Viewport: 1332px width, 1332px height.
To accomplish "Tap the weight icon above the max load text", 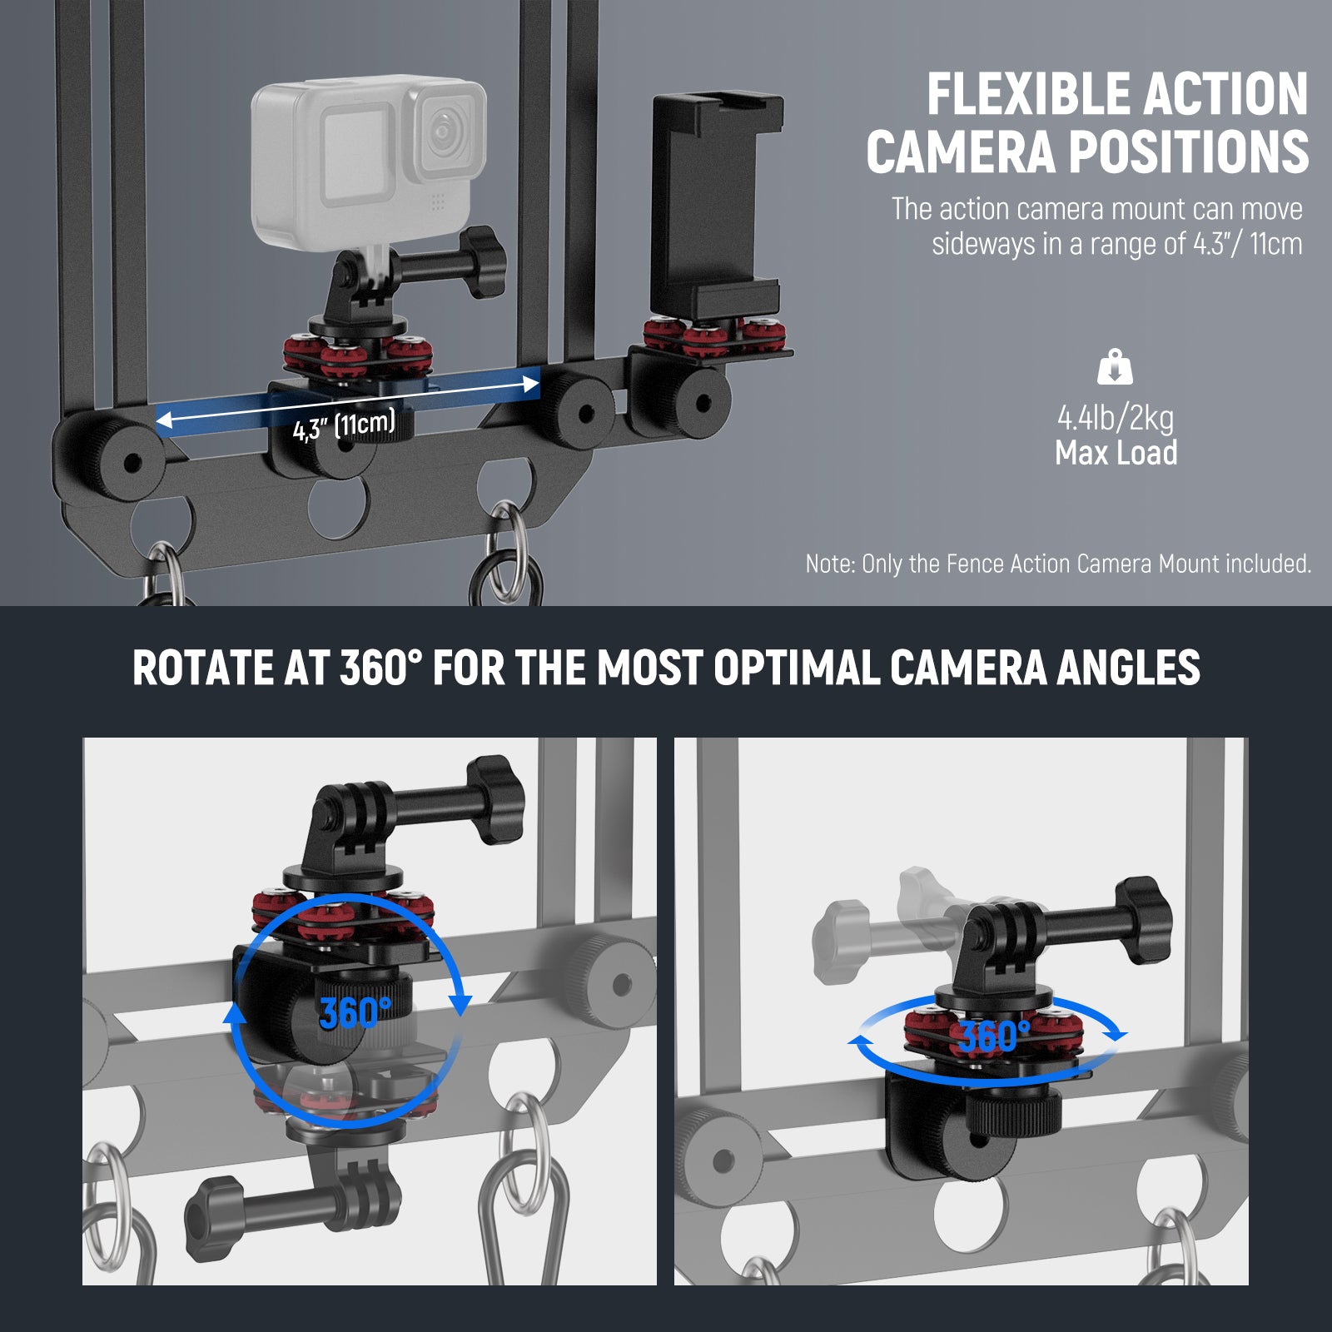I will point(1115,367).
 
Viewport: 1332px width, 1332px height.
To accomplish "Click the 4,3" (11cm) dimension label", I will point(343,425).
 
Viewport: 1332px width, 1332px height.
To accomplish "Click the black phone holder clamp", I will point(716,200).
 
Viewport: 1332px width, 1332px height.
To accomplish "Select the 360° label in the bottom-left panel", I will point(354,1012).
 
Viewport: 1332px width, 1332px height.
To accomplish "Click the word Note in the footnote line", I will point(829,564).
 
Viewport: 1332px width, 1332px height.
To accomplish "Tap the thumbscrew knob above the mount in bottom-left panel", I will point(497,799).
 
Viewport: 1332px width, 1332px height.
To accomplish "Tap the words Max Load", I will point(1116,454).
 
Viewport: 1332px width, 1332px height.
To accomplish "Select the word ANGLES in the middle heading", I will point(1128,668).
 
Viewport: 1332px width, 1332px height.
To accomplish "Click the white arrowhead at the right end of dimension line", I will point(530,384).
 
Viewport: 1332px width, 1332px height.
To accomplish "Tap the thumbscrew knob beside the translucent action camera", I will point(485,261).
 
